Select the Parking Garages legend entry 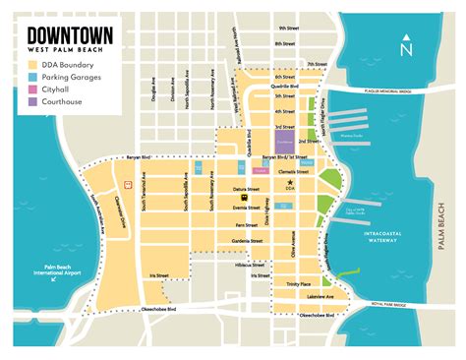coord(63,77)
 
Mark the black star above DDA coord(289,183)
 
